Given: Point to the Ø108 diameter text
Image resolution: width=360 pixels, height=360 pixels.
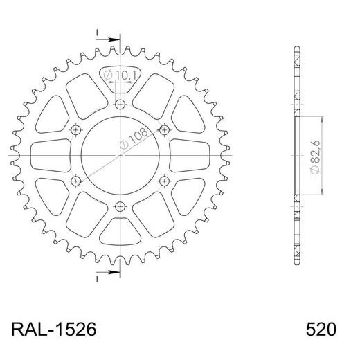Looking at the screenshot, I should point(132,140).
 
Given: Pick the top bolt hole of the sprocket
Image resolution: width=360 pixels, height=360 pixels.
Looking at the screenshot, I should point(120,105).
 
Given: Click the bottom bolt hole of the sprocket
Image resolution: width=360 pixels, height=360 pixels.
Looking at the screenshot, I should point(120,206).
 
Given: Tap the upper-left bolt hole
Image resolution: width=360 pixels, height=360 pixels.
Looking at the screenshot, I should point(76,129).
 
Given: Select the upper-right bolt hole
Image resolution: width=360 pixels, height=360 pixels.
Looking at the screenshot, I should point(164,129).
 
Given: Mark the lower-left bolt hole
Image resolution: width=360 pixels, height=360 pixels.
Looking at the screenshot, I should point(76,181).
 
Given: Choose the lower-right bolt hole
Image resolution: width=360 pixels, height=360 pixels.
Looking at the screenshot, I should point(164,181).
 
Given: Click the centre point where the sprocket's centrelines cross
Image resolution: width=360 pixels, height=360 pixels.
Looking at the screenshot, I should point(120,155).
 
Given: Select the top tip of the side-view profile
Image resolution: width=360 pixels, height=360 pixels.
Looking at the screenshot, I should point(298,48).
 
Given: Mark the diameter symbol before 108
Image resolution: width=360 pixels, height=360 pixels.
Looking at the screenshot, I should point(123,146).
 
